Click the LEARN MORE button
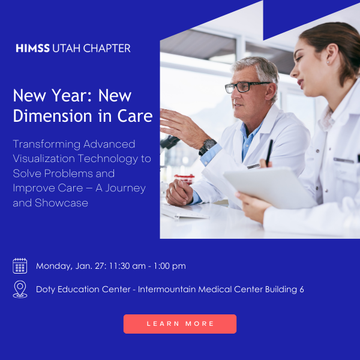pos(180,323)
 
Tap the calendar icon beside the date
pos(20,266)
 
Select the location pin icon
pos(20,289)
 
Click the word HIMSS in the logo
pos(33,48)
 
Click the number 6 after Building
pos(301,289)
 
